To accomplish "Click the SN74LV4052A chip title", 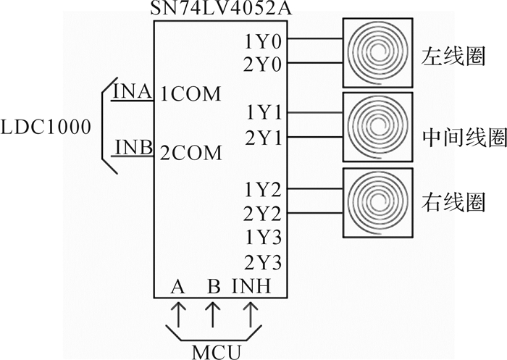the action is point(221,9).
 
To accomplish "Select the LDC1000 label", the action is point(46,127).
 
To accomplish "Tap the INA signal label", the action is point(133,91).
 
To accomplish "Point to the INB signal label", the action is point(134,147).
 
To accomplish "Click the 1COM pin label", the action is point(190,94).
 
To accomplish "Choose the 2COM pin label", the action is point(191,153).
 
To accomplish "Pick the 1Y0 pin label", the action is point(263,42).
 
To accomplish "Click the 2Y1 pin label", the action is point(263,138).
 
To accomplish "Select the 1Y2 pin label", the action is point(263,190).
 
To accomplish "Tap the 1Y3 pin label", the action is point(263,238).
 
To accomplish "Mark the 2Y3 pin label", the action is point(263,262).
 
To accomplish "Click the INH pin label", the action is point(251,286).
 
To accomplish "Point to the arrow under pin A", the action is point(178,314).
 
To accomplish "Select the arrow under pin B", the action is point(212,314).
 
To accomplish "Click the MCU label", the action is point(217,352).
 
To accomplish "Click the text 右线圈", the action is point(453,203).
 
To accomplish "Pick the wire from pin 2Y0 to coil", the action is point(315,62).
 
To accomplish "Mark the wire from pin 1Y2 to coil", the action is point(315,188).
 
